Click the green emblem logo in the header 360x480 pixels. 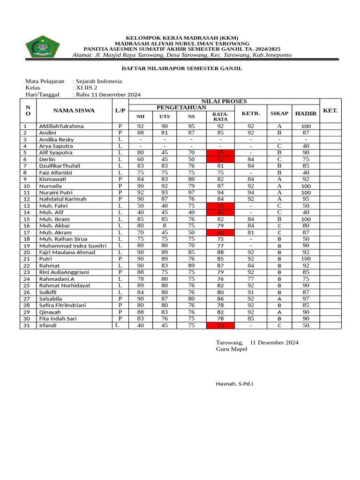[x=43, y=46]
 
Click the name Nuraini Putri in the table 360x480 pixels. [x=56, y=193]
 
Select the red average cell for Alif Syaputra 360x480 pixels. [x=220, y=153]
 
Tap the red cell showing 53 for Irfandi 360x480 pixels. [x=220, y=325]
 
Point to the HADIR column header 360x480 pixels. [x=306, y=114]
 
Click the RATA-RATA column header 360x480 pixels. [x=220, y=117]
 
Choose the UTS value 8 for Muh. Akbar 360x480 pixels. [x=165, y=226]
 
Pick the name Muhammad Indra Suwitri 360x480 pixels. [x=73, y=246]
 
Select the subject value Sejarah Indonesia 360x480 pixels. [x=99, y=81]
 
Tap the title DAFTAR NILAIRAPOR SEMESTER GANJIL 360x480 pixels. [x=182, y=68]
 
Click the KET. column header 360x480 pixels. [x=330, y=111]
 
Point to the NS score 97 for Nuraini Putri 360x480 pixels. [x=191, y=193]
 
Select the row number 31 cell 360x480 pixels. [x=28, y=325]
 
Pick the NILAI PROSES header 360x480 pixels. [x=224, y=102]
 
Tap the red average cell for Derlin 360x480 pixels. [x=220, y=159]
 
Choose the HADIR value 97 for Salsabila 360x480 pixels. [x=306, y=299]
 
